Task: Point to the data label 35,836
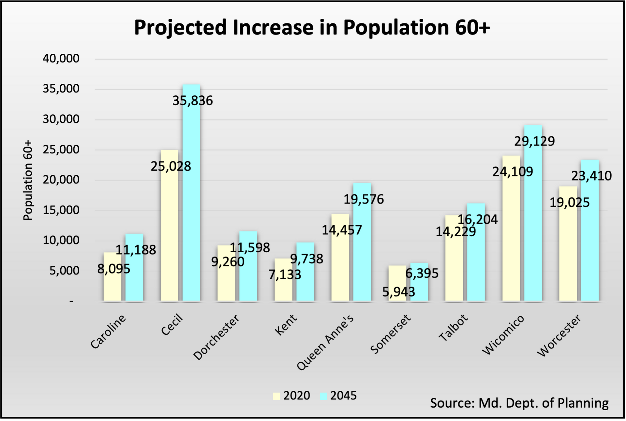click(192, 101)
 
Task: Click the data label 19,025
click(570, 203)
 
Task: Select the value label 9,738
click(306, 259)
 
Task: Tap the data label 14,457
click(342, 230)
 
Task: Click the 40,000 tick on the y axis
click(61, 59)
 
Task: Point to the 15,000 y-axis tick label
click(61, 210)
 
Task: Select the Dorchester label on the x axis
click(216, 337)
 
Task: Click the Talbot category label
click(453, 328)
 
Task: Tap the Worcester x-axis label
click(559, 335)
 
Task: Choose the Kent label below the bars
click(286, 325)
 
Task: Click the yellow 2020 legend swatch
click(277, 396)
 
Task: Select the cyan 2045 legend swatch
click(323, 396)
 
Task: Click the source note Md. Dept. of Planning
click(519, 403)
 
